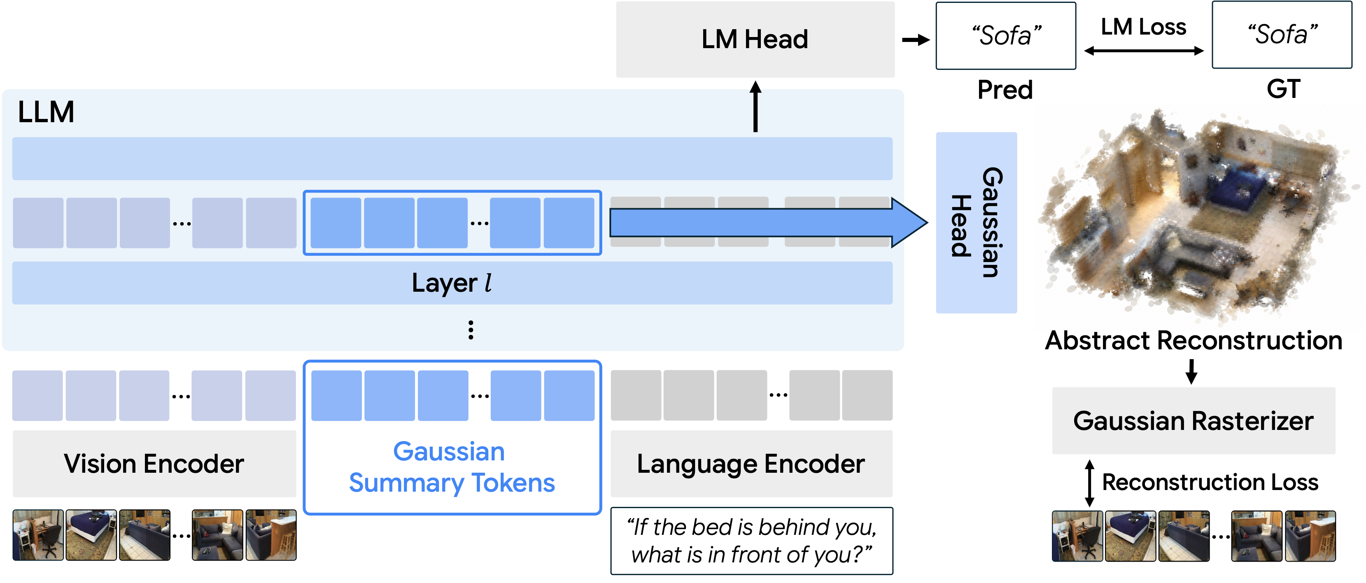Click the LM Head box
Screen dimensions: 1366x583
755,39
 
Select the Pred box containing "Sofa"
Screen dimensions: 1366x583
1005,35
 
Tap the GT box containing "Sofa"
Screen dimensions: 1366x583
1282,35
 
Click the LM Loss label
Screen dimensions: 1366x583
1143,26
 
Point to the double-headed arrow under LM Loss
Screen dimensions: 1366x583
1144,51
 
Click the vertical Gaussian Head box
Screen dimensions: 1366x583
976,223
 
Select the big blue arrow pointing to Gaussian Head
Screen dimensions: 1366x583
768,223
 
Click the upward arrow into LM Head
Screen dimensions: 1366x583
755,106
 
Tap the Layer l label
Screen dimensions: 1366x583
452,283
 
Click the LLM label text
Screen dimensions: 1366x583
46,112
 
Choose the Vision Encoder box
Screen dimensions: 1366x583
154,464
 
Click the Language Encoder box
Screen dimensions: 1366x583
751,464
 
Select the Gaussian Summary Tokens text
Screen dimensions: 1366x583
451,467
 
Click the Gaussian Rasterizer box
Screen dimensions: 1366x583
1194,421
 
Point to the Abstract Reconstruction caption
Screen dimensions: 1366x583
1194,340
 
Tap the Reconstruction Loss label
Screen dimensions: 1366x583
1210,482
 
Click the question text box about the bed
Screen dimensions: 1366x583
751,541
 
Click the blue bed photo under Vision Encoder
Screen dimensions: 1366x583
91,535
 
